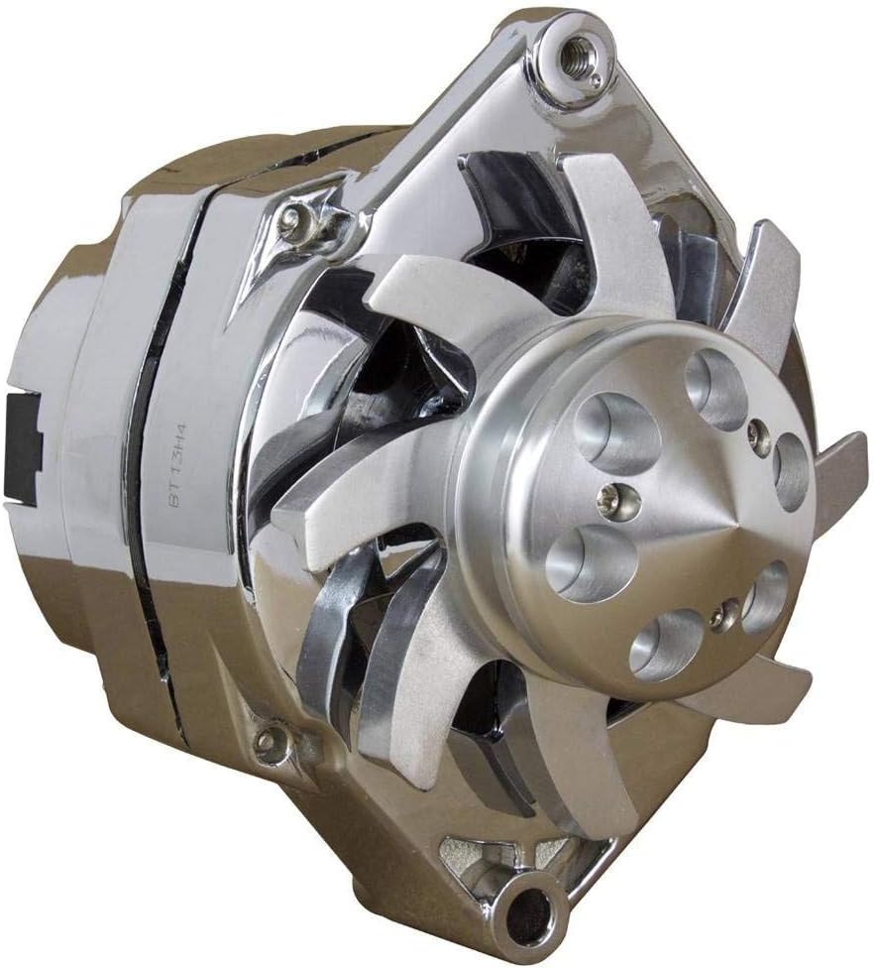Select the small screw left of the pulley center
coord(612,502)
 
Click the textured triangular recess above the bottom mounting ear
coord(466,853)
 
